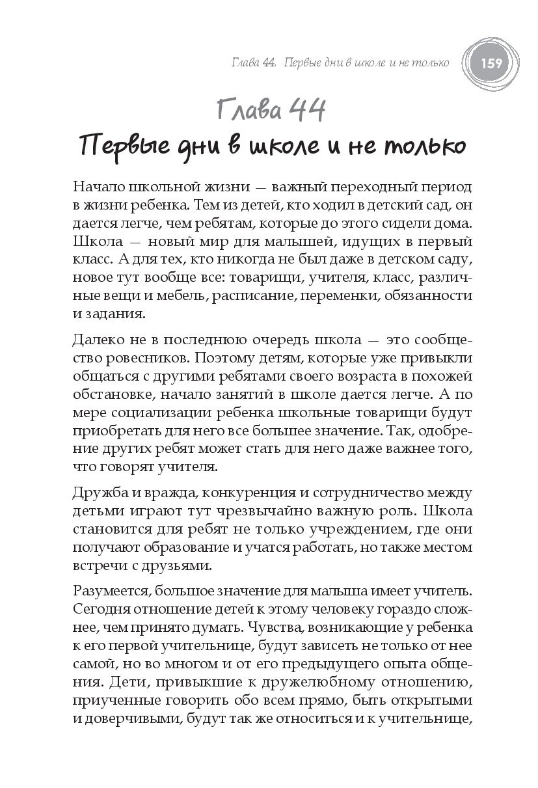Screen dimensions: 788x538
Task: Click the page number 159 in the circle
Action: tap(491, 63)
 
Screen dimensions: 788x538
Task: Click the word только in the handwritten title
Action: tap(420, 145)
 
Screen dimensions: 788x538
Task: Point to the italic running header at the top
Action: tap(340, 63)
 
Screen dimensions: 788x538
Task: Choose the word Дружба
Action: tap(96, 491)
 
